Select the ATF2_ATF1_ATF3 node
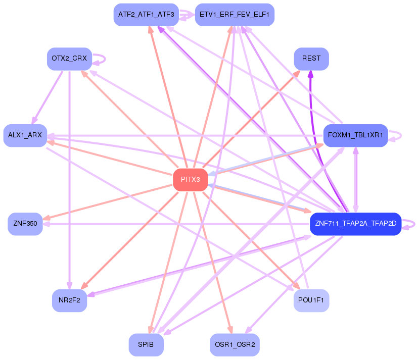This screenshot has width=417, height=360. tap(146, 15)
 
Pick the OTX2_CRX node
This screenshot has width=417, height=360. tap(69, 59)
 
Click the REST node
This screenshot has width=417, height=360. tap(311, 59)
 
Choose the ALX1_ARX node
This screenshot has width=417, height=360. tap(25, 135)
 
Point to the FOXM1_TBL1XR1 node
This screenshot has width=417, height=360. tap(355, 135)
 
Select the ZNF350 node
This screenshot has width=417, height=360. tap(25, 224)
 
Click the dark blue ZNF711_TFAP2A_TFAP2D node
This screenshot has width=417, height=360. tap(355, 224)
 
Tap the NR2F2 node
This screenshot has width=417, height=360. tap(69, 300)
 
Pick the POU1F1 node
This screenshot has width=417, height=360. tap(311, 300)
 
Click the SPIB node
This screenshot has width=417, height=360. tap(146, 344)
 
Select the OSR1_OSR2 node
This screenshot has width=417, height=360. tap(235, 344)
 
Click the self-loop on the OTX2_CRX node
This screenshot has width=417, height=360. tap(103, 58)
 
